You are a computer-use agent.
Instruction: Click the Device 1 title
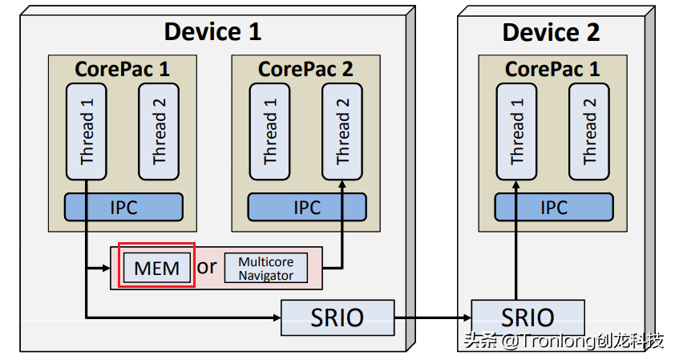(x=212, y=32)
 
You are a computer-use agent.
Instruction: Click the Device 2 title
(x=551, y=32)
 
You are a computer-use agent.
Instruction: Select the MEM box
(x=157, y=267)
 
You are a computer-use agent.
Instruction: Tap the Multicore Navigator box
(x=265, y=269)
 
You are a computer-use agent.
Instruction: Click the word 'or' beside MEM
(x=207, y=266)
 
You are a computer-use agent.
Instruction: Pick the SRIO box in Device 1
(x=337, y=318)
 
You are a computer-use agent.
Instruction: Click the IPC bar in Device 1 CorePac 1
(x=123, y=207)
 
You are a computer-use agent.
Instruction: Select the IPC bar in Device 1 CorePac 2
(x=306, y=207)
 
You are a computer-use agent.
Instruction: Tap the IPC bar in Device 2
(x=553, y=207)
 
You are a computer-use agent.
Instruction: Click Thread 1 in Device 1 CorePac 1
(x=87, y=132)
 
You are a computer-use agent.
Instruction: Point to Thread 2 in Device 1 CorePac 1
(x=160, y=132)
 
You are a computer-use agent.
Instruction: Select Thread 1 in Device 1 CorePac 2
(x=269, y=132)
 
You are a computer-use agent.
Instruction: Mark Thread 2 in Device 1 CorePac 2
(x=343, y=132)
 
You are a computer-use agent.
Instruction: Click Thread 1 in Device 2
(x=516, y=132)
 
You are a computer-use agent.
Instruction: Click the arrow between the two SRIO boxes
(x=433, y=318)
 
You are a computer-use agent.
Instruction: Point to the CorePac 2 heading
(x=305, y=69)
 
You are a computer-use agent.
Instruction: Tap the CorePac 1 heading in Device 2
(x=552, y=69)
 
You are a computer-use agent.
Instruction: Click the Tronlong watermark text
(x=564, y=341)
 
